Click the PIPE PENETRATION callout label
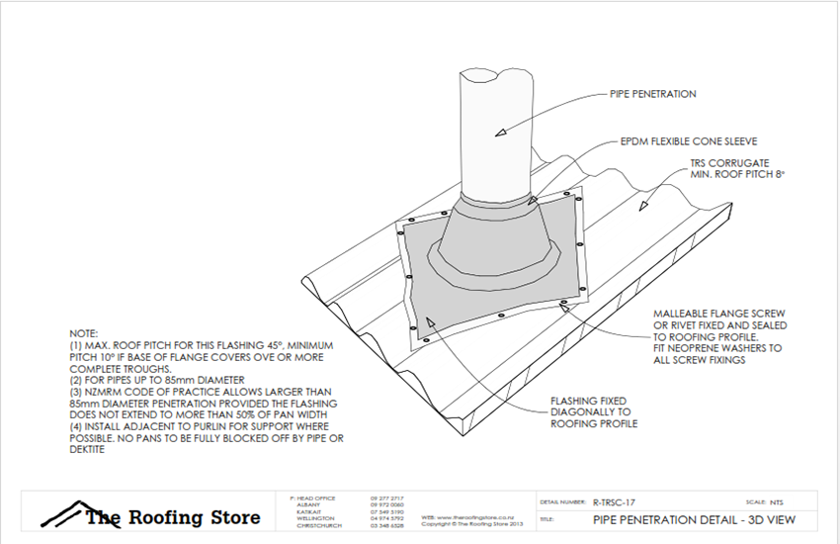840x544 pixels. [652, 94]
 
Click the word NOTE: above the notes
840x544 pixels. [85, 334]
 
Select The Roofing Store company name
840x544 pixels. [173, 517]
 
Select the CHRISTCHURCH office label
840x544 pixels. [317, 525]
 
